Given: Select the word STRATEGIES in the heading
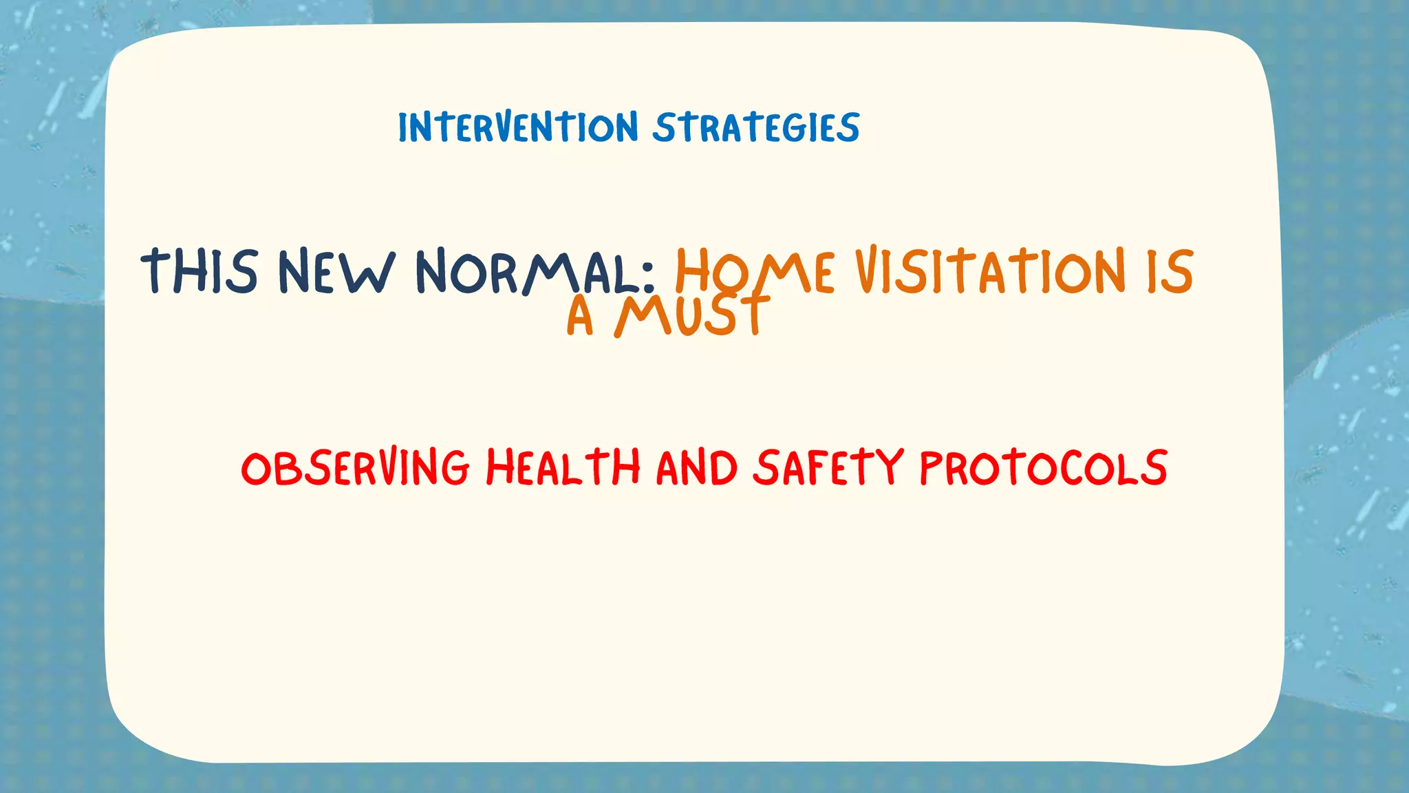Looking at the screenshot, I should tap(756, 128).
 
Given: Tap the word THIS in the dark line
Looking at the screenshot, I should tap(200, 271).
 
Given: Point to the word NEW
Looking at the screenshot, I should tap(336, 271).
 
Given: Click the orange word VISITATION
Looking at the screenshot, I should tap(990, 271).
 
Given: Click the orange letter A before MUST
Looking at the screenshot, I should tap(579, 317).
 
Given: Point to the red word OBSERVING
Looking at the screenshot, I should tap(355, 467).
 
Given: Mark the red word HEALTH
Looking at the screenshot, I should tap(563, 467).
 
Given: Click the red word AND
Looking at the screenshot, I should tap(696, 467).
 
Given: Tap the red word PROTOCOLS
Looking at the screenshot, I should tap(1043, 467).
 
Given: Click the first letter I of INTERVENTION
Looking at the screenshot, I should tap(403, 128).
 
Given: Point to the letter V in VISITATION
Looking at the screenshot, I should tap(869, 271).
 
